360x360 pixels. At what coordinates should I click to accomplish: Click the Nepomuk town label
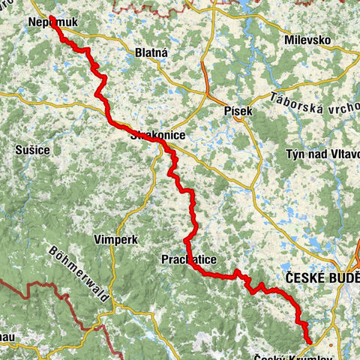click(x=50, y=23)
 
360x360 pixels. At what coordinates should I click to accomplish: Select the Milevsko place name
click(x=308, y=39)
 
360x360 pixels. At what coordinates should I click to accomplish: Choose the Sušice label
click(x=32, y=150)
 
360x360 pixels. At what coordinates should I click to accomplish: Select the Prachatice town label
click(x=189, y=259)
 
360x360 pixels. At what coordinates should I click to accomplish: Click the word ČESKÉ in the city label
click(x=302, y=276)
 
